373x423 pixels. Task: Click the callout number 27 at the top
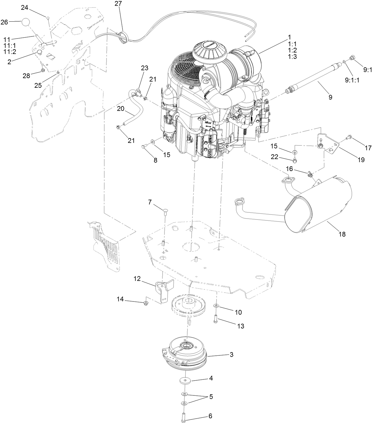point(118,4)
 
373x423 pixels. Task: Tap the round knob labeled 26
point(26,22)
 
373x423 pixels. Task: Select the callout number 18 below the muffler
point(342,234)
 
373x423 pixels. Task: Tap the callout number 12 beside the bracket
point(137,279)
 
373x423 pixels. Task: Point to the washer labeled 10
point(216,305)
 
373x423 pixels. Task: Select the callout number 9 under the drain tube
point(330,97)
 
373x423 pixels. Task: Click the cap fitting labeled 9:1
point(352,58)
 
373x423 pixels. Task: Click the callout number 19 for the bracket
point(361,160)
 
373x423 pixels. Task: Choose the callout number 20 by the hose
point(121,109)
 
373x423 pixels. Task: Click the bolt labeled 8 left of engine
point(144,146)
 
